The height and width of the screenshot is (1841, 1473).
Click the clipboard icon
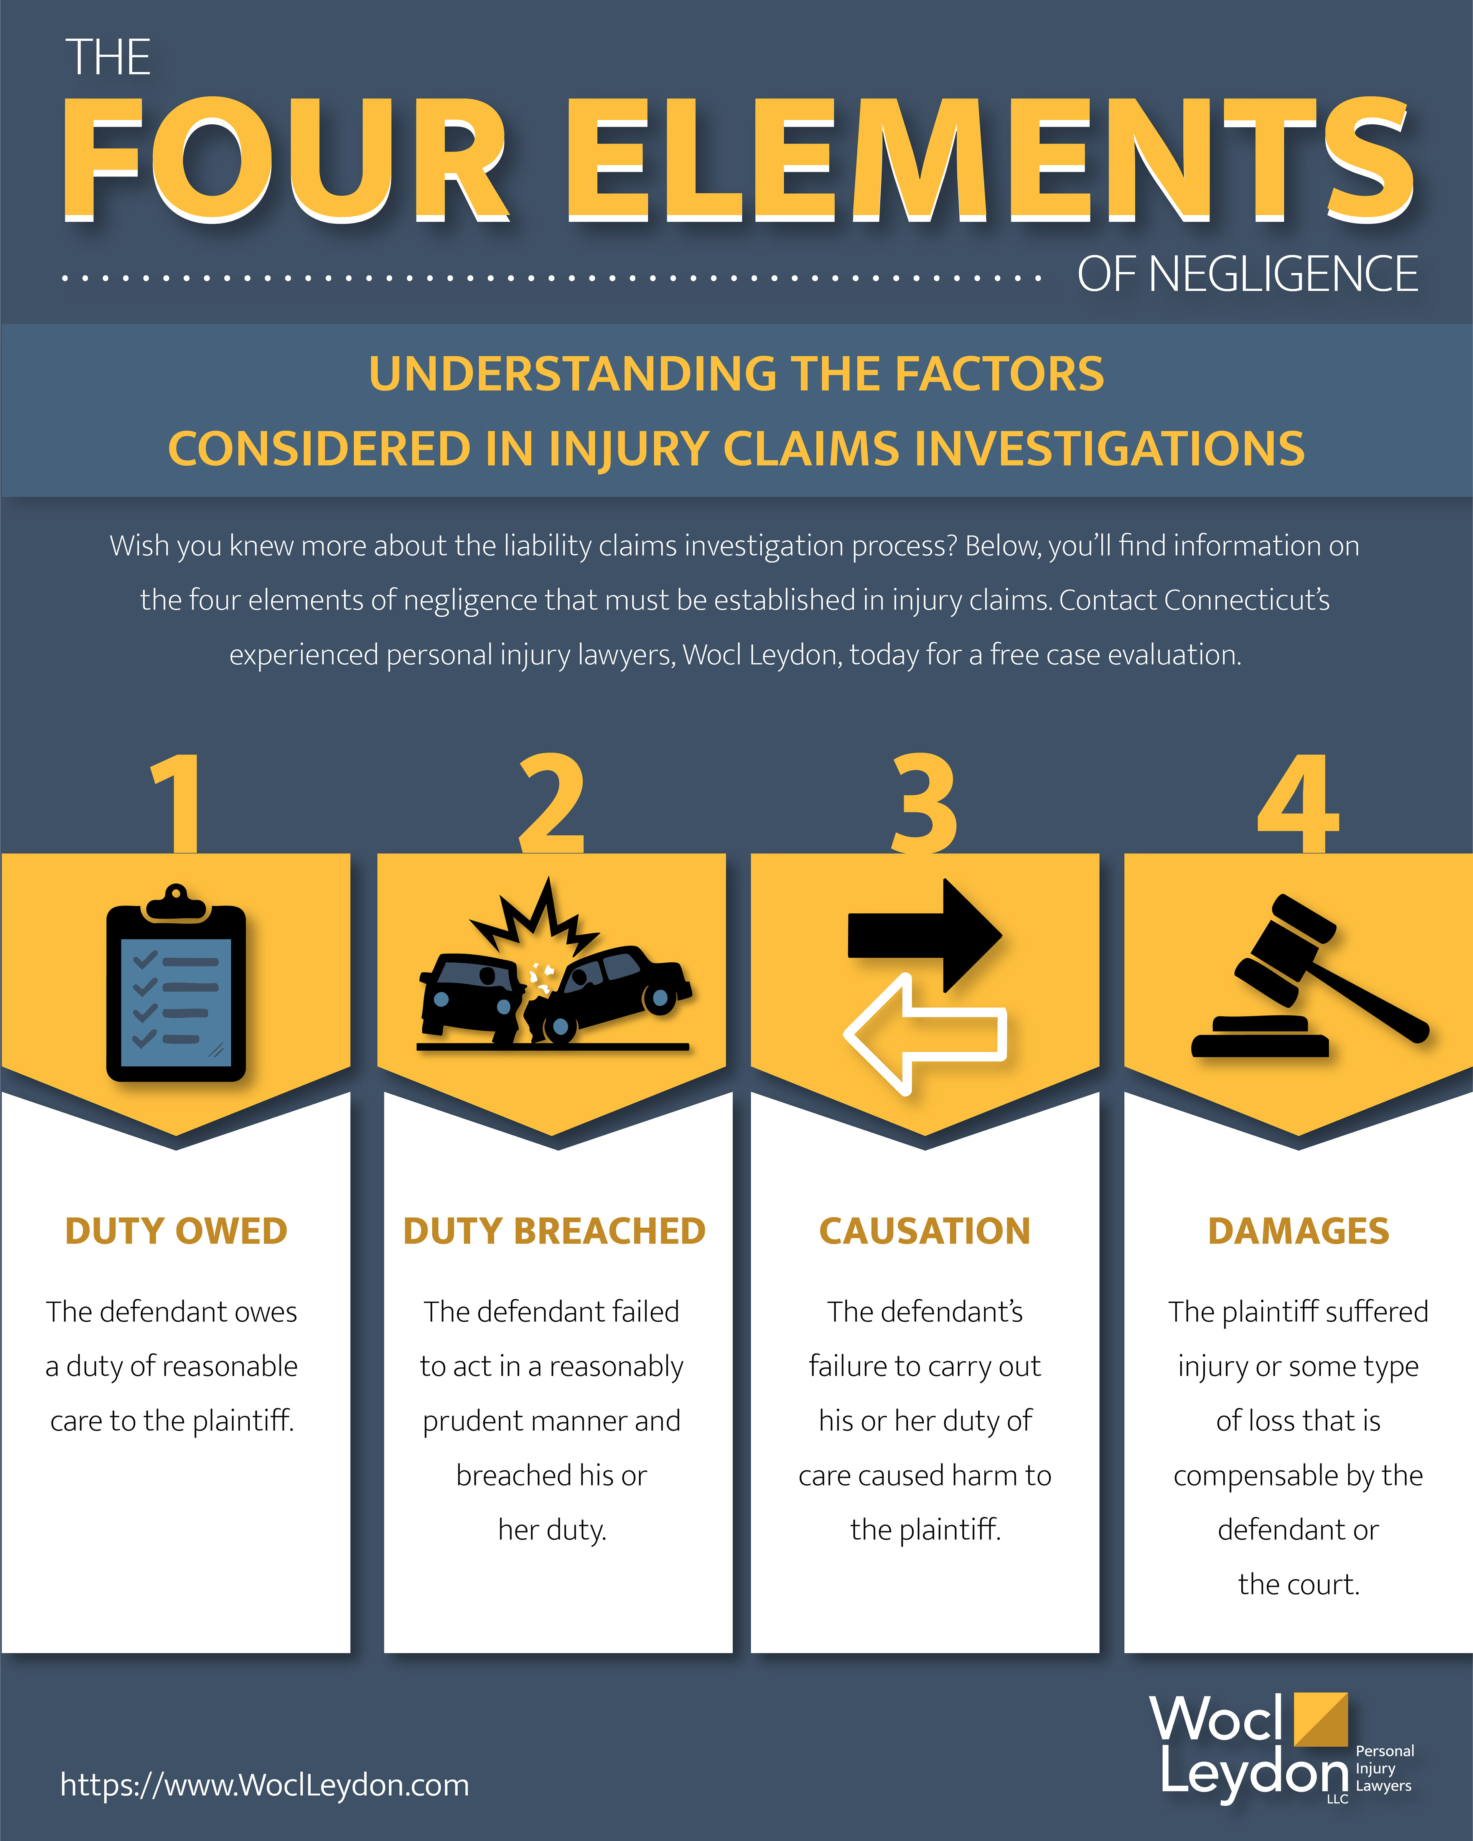[x=176, y=982]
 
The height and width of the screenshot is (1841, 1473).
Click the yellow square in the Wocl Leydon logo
[x=1321, y=1719]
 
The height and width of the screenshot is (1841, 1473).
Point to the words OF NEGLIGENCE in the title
[x=1247, y=275]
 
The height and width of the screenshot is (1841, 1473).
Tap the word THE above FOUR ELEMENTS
[x=109, y=58]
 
